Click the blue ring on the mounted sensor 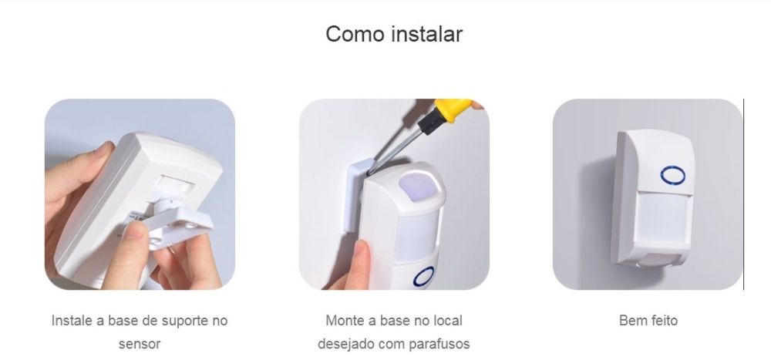pyautogui.click(x=672, y=176)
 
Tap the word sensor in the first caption pyautogui.click(x=140, y=343)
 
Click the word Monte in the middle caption pyautogui.click(x=344, y=320)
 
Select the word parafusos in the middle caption pyautogui.click(x=439, y=343)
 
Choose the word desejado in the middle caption pyautogui.click(x=346, y=343)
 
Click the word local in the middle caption pyautogui.click(x=447, y=320)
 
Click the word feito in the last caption pyautogui.click(x=662, y=320)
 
